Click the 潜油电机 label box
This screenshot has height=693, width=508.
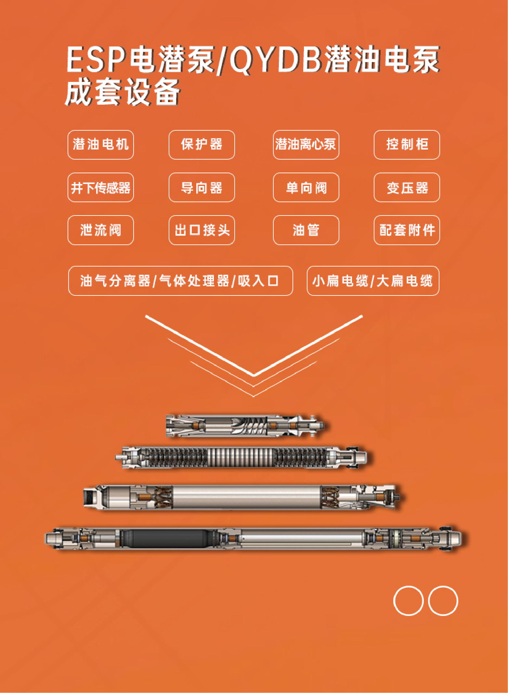click(101, 145)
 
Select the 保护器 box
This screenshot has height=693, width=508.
click(202, 145)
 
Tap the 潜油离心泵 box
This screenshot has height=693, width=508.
click(306, 145)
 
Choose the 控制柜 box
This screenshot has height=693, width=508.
click(407, 145)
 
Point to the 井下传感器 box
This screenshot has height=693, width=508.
click(101, 187)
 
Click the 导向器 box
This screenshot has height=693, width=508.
click(202, 187)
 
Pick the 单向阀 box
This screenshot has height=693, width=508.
click(306, 187)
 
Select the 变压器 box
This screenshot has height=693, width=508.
click(407, 187)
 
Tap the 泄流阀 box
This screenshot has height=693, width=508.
click(101, 230)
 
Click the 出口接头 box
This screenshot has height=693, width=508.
click(202, 230)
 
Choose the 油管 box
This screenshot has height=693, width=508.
click(306, 230)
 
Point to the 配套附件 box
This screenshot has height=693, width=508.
click(407, 230)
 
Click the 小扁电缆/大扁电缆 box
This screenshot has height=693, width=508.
click(373, 281)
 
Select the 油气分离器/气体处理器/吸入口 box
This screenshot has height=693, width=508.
click(181, 281)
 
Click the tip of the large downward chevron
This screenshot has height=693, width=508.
click(254, 376)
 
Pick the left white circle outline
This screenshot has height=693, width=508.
click(394, 601)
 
